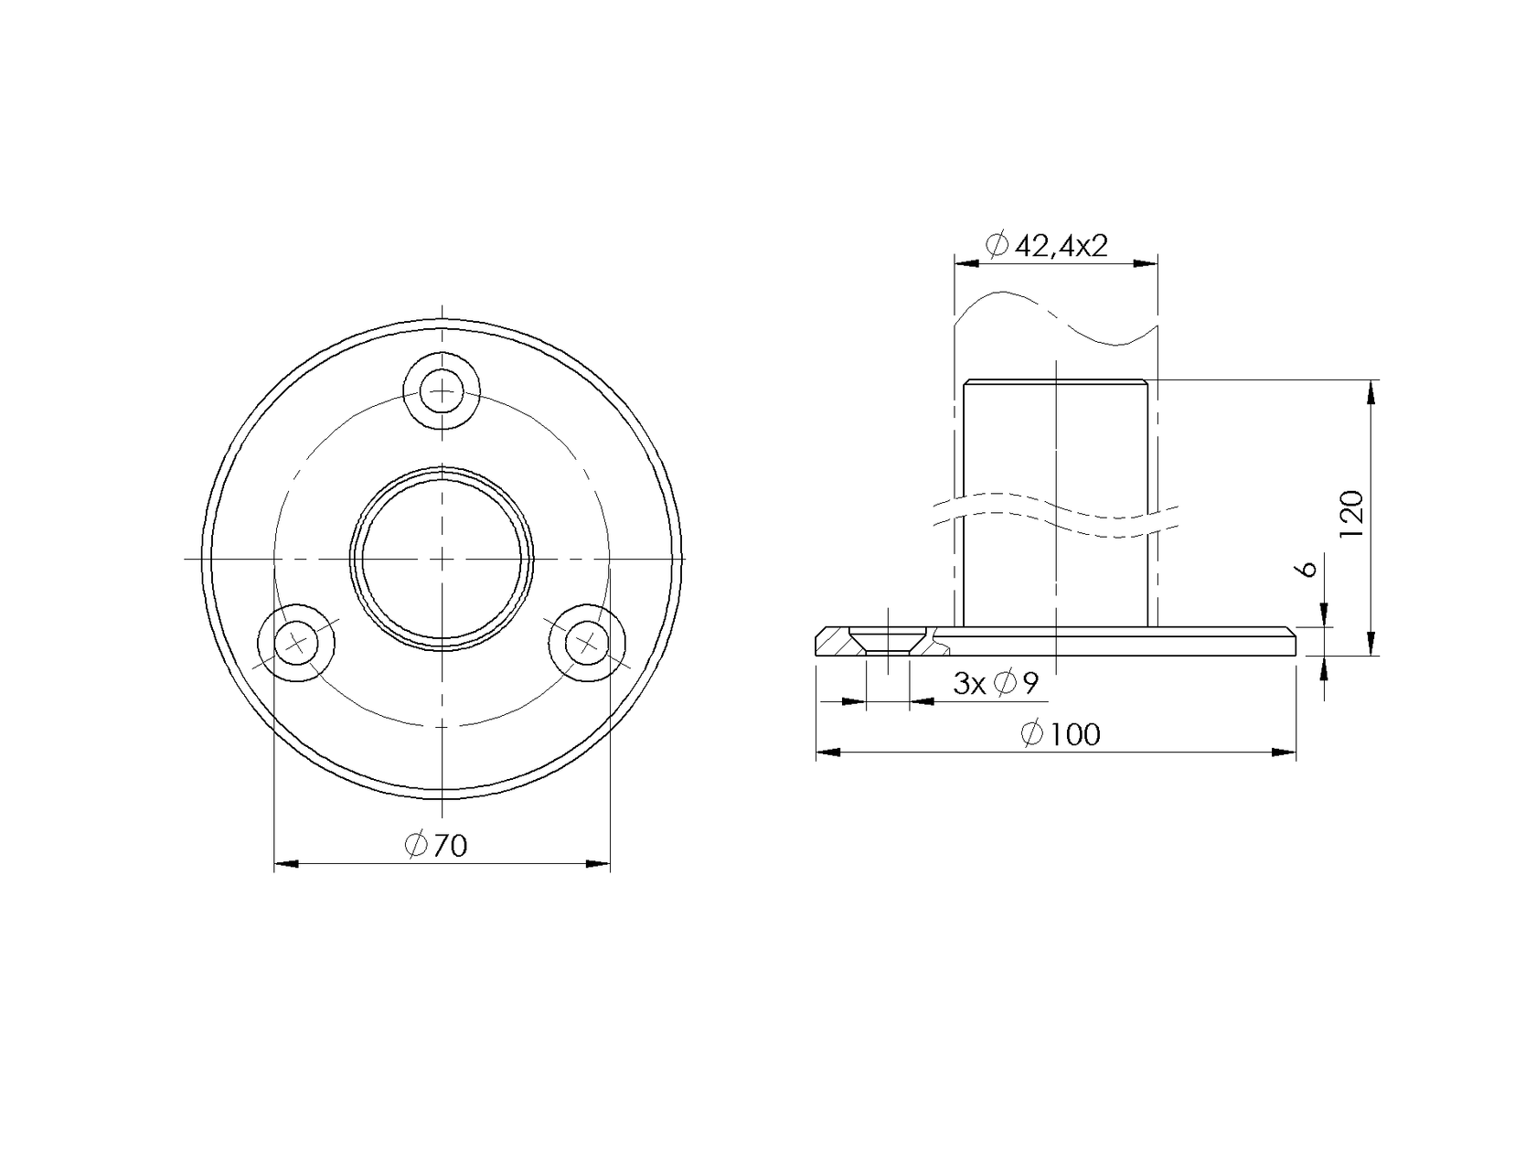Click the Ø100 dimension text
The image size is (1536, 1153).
pyautogui.click(x=1061, y=734)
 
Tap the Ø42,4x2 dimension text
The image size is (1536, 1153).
pyautogui.click(x=1047, y=245)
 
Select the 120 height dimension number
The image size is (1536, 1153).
pyautogui.click(x=1352, y=514)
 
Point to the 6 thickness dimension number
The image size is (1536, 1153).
pyautogui.click(x=1307, y=568)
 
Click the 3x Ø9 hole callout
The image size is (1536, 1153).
pyautogui.click(x=996, y=682)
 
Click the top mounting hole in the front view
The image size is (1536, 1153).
pyautogui.click(x=442, y=391)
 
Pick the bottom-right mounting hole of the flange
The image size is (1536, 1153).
pyautogui.click(x=586, y=643)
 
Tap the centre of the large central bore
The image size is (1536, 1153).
pyautogui.click(x=442, y=558)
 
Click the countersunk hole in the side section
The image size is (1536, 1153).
pyautogui.click(x=887, y=640)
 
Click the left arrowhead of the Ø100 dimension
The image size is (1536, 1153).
pyautogui.click(x=827, y=753)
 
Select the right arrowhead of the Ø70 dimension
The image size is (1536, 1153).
pyautogui.click(x=599, y=862)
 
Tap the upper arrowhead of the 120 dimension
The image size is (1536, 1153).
pyautogui.click(x=1371, y=393)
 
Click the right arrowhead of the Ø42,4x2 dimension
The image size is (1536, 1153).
pyautogui.click(x=1147, y=263)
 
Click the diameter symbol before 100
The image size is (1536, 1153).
pyautogui.click(x=1031, y=734)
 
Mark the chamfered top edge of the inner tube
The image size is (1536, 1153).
pyautogui.click(x=1056, y=381)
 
